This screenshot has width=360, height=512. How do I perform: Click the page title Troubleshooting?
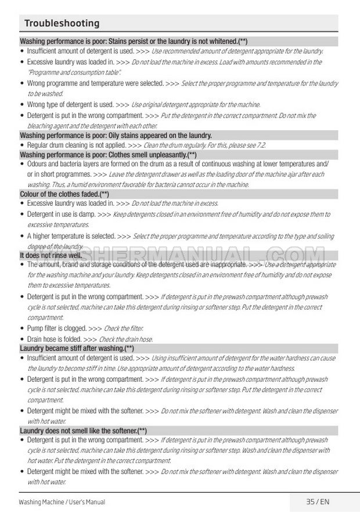click(x=62, y=23)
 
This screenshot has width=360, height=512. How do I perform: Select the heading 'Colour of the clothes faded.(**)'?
click(x=64, y=194)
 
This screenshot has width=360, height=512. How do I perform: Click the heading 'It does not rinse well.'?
click(x=51, y=255)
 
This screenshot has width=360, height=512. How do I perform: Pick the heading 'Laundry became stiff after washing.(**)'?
click(x=77, y=348)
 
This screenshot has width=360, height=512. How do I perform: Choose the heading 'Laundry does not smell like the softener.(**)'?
click(x=83, y=431)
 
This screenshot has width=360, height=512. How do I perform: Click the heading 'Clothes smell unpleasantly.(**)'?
click(x=108, y=155)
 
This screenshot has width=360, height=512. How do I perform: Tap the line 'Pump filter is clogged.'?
click(x=57, y=328)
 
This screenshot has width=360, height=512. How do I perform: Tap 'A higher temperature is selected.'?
click(x=71, y=237)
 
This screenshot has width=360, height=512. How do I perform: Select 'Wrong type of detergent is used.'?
click(x=70, y=105)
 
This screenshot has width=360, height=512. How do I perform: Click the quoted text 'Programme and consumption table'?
click(x=74, y=72)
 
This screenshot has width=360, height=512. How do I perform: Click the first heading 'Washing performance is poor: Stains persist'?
click(x=134, y=41)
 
